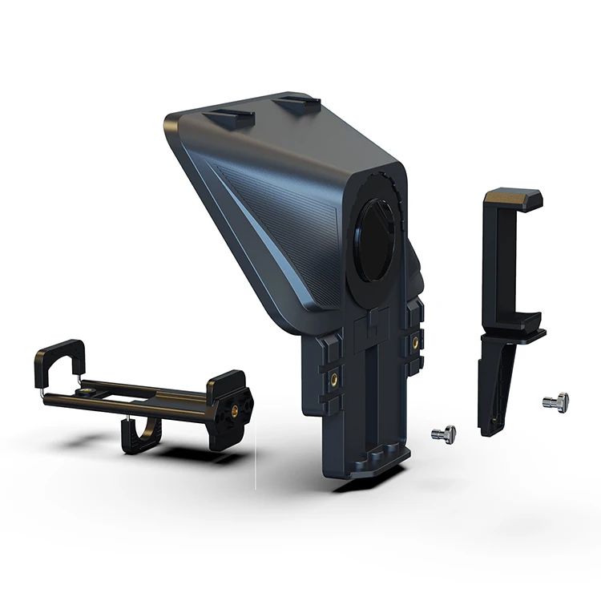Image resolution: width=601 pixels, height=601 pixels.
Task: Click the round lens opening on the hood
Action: pyautogui.click(x=374, y=240)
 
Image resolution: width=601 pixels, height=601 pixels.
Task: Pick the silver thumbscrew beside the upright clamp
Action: pyautogui.click(x=555, y=401)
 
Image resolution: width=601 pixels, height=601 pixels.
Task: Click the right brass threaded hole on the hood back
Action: pyautogui.click(x=416, y=341)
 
